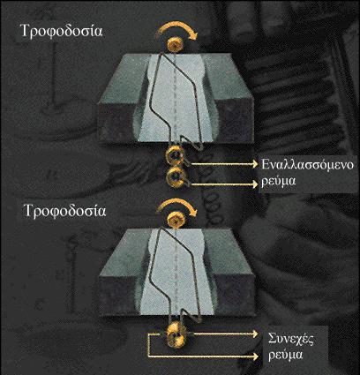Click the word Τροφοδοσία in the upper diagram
tap(62, 31)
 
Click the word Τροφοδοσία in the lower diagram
tap(64, 211)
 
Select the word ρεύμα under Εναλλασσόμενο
tap(278, 182)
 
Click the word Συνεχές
tap(290, 339)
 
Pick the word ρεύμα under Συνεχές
tap(285, 355)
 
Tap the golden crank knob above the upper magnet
tap(176, 45)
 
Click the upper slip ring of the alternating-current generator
tap(176, 156)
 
